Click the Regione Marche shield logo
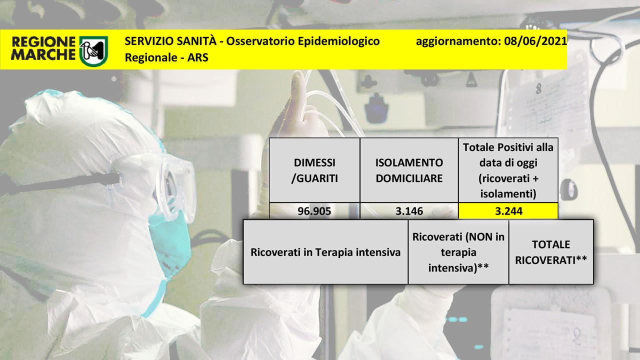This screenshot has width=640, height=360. (x=93, y=51)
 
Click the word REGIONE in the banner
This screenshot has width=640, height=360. (x=43, y=42)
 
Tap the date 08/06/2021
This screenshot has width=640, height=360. (x=535, y=41)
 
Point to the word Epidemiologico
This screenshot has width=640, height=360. (x=338, y=41)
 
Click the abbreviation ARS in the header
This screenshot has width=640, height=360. (x=197, y=57)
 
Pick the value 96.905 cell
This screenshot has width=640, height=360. (x=314, y=211)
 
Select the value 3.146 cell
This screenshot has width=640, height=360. (x=409, y=211)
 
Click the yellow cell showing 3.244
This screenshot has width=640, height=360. (x=508, y=211)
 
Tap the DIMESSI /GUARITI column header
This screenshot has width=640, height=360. (x=314, y=170)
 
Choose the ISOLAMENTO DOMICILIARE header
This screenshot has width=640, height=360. (x=409, y=170)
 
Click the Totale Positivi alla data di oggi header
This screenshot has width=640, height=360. (x=508, y=170)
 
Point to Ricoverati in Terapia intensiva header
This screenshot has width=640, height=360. (x=325, y=252)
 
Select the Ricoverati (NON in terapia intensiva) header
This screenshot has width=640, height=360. (x=458, y=252)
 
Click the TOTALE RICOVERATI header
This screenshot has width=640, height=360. (x=551, y=252)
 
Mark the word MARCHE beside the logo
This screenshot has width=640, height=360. (x=43, y=54)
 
